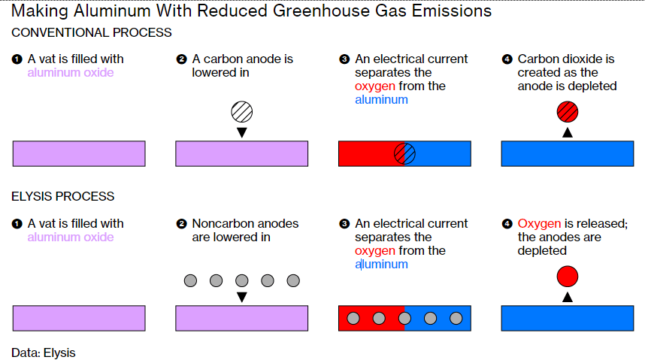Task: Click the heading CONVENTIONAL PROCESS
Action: click(x=92, y=33)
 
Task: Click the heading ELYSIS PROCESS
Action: click(x=63, y=197)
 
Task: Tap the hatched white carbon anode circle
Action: click(x=241, y=112)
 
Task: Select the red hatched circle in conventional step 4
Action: click(x=568, y=112)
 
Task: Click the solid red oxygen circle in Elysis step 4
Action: click(x=568, y=277)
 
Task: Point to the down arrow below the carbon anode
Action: click(x=241, y=133)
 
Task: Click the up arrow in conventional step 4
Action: click(x=568, y=132)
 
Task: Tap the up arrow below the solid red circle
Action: click(x=568, y=297)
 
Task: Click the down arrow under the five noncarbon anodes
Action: click(x=241, y=298)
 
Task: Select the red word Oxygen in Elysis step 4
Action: click(x=539, y=224)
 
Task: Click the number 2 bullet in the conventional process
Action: click(x=181, y=59)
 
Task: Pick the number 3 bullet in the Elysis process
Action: click(x=344, y=224)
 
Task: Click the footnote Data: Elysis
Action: click(x=44, y=352)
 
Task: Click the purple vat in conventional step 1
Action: click(x=79, y=153)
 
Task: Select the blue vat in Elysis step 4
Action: click(x=567, y=318)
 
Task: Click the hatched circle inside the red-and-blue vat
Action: click(x=404, y=153)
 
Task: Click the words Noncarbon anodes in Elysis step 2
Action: click(x=245, y=224)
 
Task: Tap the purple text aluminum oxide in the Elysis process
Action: click(x=71, y=237)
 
